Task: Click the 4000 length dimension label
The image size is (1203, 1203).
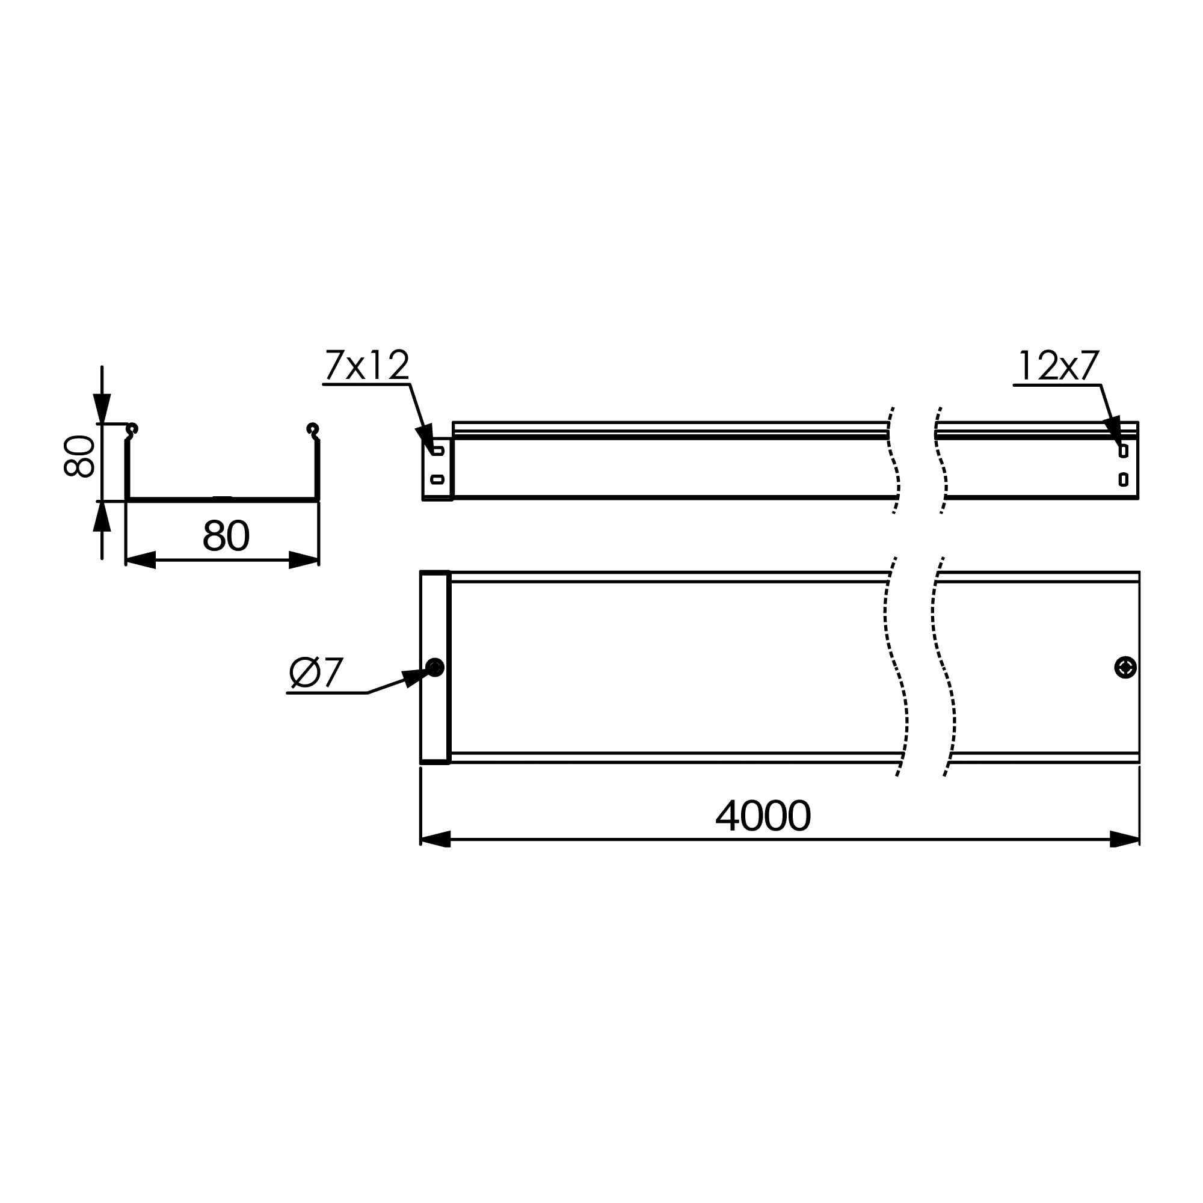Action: click(763, 815)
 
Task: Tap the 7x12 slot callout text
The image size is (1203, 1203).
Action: click(367, 365)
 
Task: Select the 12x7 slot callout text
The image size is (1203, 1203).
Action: click(1059, 366)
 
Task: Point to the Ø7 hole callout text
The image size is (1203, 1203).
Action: click(316, 672)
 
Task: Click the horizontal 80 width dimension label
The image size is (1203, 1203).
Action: click(226, 535)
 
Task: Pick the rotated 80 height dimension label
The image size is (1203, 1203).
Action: click(79, 457)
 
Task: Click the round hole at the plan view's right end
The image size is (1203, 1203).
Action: click(1125, 668)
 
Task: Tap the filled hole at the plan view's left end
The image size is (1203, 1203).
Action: click(435, 668)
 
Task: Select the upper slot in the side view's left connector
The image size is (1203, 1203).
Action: click(438, 451)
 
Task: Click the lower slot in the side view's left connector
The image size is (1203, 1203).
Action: click(438, 479)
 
